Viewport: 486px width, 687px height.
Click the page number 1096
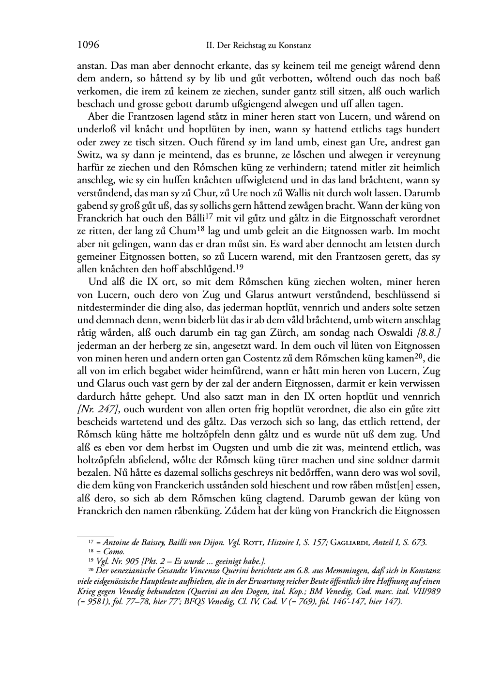(x=88, y=46)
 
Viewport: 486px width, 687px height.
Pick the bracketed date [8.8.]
(x=426, y=332)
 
